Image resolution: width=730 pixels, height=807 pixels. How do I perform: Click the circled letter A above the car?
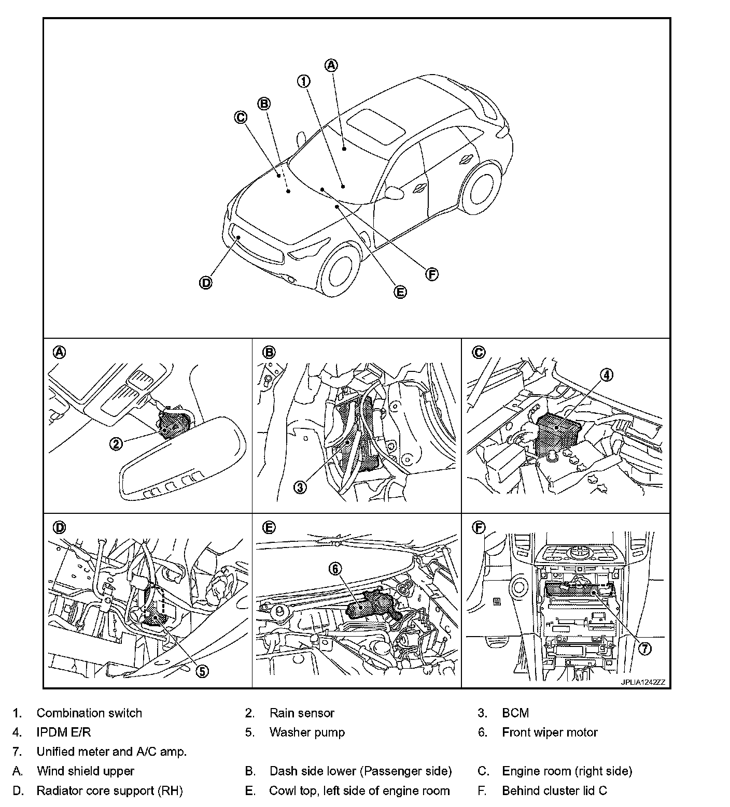click(x=331, y=65)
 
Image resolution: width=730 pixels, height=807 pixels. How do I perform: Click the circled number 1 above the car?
click(x=303, y=81)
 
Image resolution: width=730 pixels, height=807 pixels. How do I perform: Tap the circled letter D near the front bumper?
click(x=206, y=283)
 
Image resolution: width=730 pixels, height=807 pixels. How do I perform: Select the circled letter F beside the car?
click(x=431, y=274)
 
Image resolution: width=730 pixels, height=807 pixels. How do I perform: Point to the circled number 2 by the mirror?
click(x=116, y=443)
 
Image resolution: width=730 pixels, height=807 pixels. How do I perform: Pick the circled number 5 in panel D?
click(x=202, y=671)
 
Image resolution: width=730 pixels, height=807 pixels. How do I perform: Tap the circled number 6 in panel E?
click(x=335, y=569)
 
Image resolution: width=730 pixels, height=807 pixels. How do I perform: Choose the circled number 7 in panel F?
click(x=644, y=648)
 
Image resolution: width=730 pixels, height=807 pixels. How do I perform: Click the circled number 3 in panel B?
click(x=301, y=487)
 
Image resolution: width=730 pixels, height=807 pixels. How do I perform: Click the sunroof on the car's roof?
click(x=375, y=125)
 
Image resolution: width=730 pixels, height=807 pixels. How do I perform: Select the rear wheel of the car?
click(x=483, y=186)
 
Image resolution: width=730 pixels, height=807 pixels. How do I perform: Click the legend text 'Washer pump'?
click(x=307, y=732)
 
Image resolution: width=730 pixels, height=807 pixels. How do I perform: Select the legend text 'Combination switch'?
click(x=89, y=713)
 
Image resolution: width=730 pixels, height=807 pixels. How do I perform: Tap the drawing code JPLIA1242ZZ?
click(x=642, y=682)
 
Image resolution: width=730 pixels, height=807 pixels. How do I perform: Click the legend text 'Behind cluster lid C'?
click(x=554, y=790)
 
